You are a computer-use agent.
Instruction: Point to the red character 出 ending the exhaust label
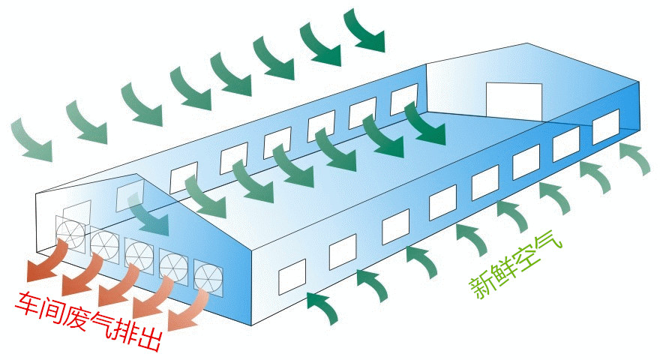[x=148, y=337]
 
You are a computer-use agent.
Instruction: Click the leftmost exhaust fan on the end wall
[x=70, y=233]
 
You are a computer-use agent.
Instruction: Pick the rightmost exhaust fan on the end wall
[x=208, y=277]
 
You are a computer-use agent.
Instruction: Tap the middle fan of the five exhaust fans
[x=139, y=256]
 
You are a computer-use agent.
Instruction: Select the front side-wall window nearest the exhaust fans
[x=292, y=277]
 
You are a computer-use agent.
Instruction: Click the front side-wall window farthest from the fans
[x=606, y=126]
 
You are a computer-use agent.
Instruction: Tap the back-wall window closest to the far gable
[x=404, y=99]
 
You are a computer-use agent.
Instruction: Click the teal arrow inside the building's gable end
[x=148, y=214]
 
